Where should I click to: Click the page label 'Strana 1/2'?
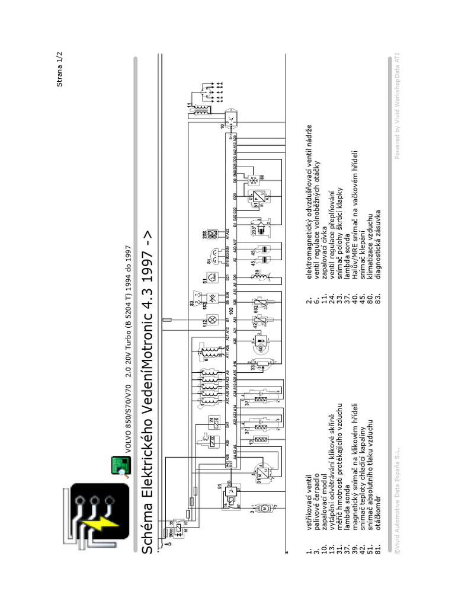[59, 68]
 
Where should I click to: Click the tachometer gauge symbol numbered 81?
[210, 277]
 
